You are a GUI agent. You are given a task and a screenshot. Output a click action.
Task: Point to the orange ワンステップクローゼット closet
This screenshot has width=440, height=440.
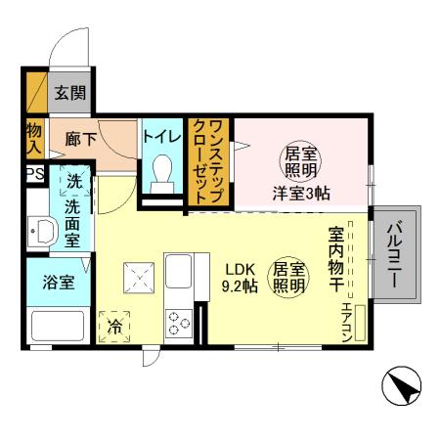pyautogui.click(x=208, y=160)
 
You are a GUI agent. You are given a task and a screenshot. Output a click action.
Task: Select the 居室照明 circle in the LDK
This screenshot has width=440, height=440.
pyautogui.click(x=286, y=276)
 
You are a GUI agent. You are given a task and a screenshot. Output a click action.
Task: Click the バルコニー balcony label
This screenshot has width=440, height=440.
pyautogui.click(x=395, y=252)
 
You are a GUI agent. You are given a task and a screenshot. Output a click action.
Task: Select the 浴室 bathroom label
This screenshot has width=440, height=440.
pyautogui.click(x=57, y=283)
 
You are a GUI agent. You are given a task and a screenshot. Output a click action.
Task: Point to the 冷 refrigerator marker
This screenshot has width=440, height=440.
pyautogui.click(x=115, y=327)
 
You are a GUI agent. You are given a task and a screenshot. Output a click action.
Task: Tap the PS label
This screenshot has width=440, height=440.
pyautogui.click(x=33, y=177)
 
